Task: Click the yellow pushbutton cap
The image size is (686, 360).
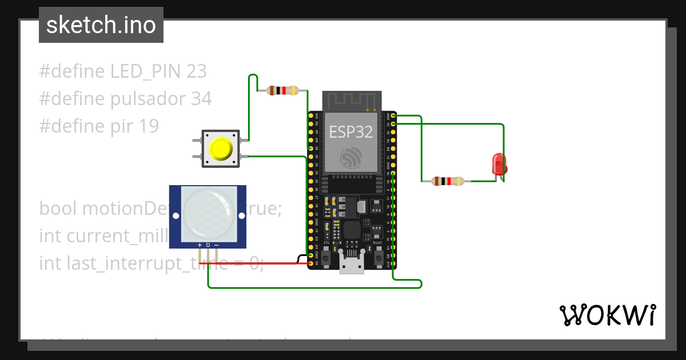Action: tap(221, 149)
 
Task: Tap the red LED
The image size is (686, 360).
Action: tap(498, 164)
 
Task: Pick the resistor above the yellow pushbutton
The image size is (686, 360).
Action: tap(282, 90)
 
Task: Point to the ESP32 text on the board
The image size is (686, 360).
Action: tap(351, 133)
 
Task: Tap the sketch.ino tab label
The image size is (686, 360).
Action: tap(101, 25)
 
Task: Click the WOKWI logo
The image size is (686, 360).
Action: tap(607, 315)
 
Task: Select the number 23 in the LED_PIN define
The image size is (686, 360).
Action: tap(196, 71)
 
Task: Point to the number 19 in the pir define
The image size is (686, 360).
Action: tap(149, 126)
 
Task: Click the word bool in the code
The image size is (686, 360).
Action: tap(58, 209)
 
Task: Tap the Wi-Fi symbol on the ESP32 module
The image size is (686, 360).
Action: tap(351, 157)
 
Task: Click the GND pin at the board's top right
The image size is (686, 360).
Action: tap(393, 115)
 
